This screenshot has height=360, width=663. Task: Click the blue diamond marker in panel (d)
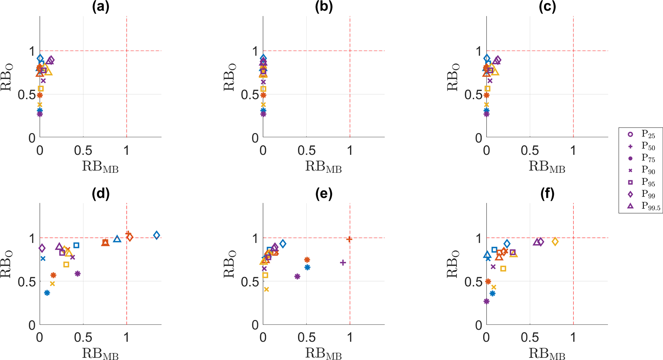pyautogui.click(x=157, y=235)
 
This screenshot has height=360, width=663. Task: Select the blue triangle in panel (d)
pyautogui.click(x=117, y=239)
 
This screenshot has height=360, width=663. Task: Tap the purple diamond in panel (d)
pyautogui.click(x=42, y=248)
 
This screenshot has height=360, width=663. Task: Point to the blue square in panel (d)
pyautogui.click(x=76, y=245)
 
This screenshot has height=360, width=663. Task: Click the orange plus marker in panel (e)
pyautogui.click(x=349, y=239)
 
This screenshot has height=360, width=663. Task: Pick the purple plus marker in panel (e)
pyautogui.click(x=343, y=263)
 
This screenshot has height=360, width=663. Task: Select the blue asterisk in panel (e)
pyautogui.click(x=307, y=267)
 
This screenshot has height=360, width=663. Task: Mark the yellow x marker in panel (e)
pyautogui.click(x=266, y=289)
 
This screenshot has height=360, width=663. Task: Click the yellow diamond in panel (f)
pyautogui.click(x=555, y=242)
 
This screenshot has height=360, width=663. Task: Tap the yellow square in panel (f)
pyautogui.click(x=503, y=269)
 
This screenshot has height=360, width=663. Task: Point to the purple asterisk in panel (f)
pyautogui.click(x=487, y=301)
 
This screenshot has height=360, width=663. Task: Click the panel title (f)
pyautogui.click(x=547, y=194)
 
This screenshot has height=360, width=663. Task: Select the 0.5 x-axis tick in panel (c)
pyautogui.click(x=530, y=150)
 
